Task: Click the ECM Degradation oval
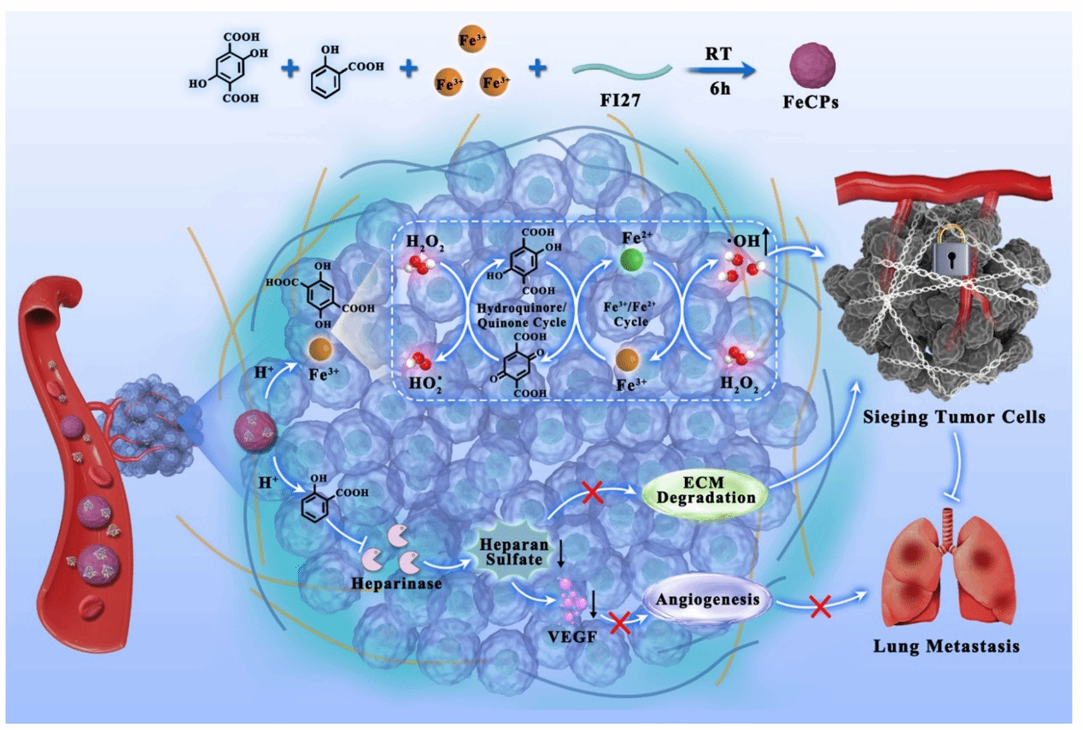click(x=703, y=489)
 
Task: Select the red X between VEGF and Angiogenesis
click(x=620, y=622)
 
